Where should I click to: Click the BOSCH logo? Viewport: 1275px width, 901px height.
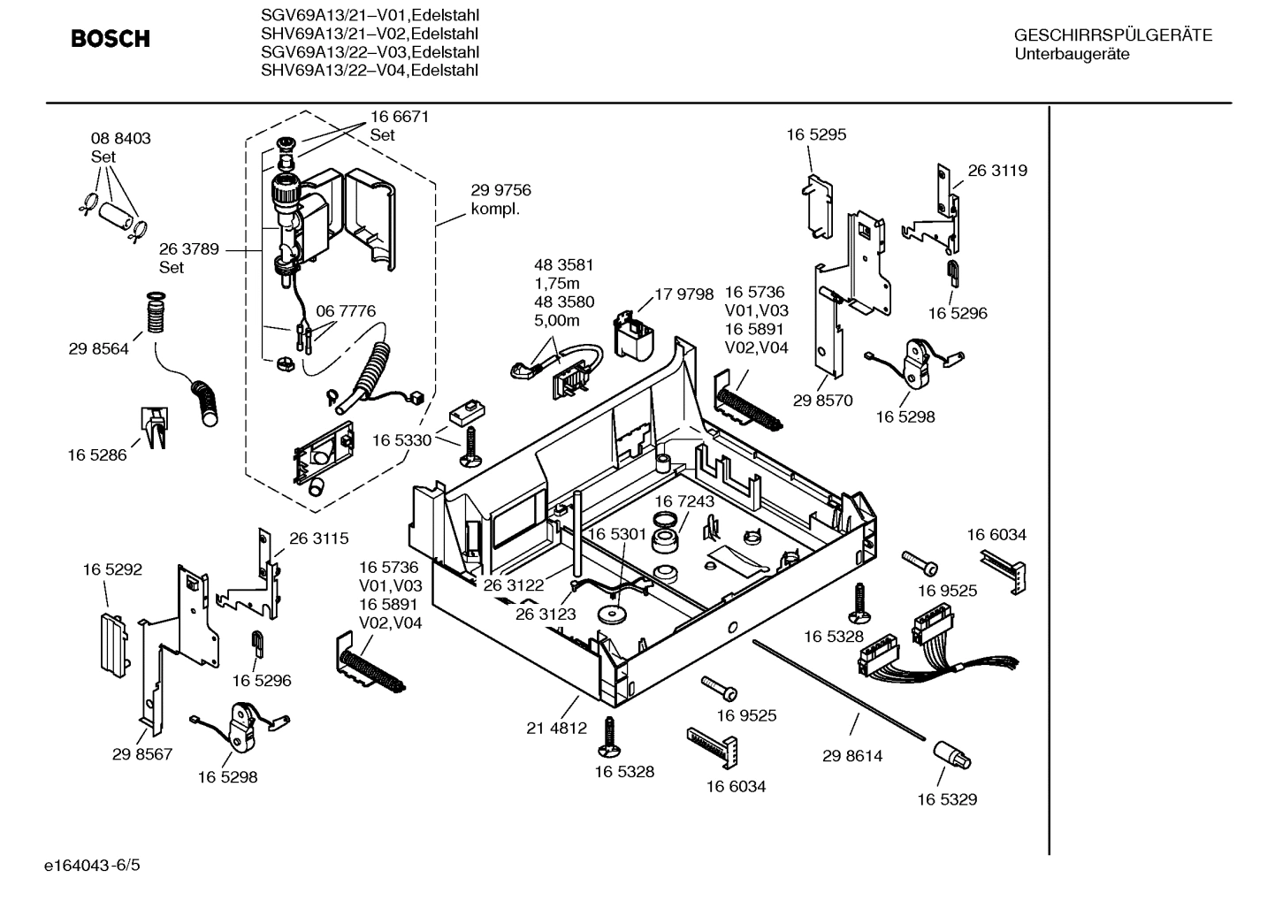(111, 39)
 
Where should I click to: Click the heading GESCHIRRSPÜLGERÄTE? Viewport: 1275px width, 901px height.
(1112, 35)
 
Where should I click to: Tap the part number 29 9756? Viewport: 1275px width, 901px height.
(500, 190)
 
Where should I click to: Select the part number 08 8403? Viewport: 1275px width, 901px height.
(120, 138)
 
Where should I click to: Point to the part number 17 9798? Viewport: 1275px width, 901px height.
(683, 294)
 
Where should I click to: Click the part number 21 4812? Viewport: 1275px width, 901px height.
(556, 728)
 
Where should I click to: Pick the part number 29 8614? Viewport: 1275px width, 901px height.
(851, 756)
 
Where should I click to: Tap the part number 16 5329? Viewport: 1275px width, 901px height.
(946, 799)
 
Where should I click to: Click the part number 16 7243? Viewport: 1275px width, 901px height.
(684, 501)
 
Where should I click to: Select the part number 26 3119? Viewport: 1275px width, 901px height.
(997, 171)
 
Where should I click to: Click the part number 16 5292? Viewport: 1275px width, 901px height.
(112, 570)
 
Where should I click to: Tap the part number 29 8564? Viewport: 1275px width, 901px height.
(98, 348)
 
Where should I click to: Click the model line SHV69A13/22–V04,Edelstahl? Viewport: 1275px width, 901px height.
(370, 71)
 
